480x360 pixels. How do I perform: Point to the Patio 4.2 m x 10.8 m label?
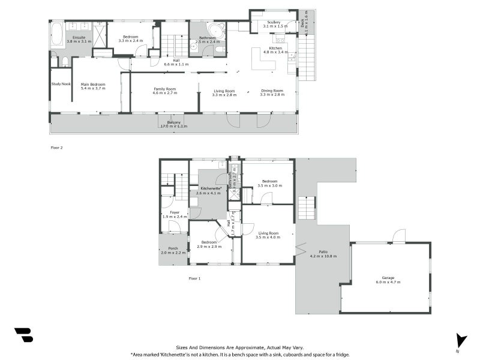pyautogui.click(x=323, y=254)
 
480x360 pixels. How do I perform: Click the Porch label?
pyautogui.click(x=173, y=251)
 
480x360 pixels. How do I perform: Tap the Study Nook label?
pyautogui.click(x=61, y=84)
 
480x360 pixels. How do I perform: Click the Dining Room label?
pyautogui.click(x=271, y=92)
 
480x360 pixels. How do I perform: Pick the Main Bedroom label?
pyautogui.click(x=93, y=86)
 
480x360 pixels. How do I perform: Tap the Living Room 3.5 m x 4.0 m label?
pyautogui.click(x=268, y=235)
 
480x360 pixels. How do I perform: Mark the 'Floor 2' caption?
pyautogui.click(x=57, y=147)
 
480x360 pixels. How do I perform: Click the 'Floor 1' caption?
pyautogui.click(x=194, y=278)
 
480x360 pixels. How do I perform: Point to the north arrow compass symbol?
pyautogui.click(x=460, y=340)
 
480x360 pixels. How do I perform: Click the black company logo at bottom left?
pyautogui.click(x=23, y=335)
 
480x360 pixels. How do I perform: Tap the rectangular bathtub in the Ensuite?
pyautogui.click(x=57, y=35)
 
